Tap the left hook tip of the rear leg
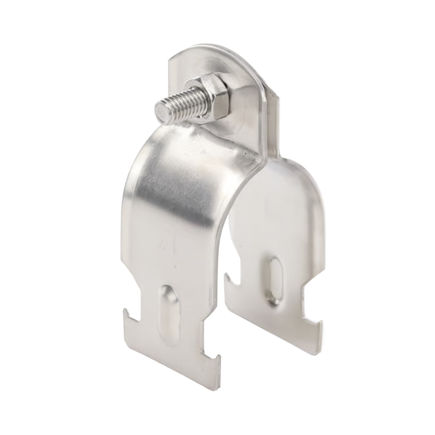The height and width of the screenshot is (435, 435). point(227,276)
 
